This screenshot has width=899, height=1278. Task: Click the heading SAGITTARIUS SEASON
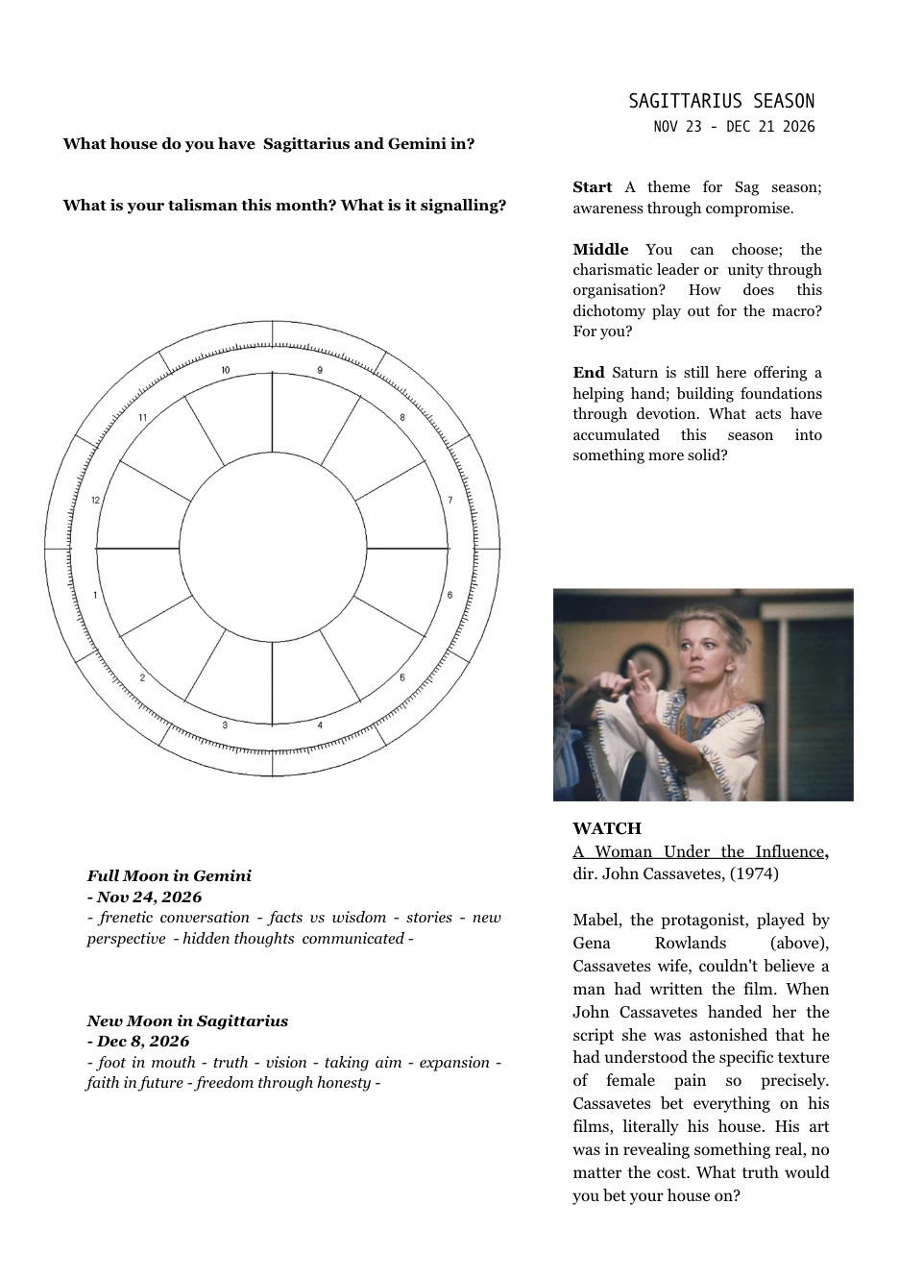(x=721, y=102)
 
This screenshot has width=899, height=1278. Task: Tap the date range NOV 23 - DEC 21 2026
(x=734, y=127)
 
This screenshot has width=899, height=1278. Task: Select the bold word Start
(x=592, y=187)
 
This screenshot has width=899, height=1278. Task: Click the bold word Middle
(x=600, y=250)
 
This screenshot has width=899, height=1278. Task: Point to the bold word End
(x=588, y=373)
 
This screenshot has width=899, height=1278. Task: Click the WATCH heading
(x=607, y=828)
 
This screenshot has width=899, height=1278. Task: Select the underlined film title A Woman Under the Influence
(x=699, y=851)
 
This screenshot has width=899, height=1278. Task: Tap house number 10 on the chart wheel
(x=226, y=371)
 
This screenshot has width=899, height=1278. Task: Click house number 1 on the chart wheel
(x=95, y=596)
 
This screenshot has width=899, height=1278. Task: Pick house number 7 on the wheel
(x=449, y=501)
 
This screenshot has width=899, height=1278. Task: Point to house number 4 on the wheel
(x=320, y=725)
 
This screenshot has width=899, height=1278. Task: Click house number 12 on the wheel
(x=95, y=501)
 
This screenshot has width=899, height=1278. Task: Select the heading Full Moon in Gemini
(x=169, y=875)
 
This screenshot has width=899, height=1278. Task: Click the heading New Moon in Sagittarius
(x=187, y=1020)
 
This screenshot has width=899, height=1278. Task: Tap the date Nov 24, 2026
(x=149, y=897)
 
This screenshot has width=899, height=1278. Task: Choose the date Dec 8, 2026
(x=143, y=1041)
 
